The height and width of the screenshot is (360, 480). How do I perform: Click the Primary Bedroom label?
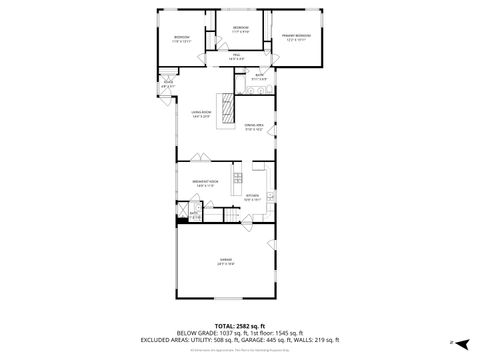[x=295, y=36]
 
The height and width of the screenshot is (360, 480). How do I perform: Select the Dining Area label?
[x=254, y=127]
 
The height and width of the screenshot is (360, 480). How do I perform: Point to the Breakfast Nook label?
[x=206, y=182]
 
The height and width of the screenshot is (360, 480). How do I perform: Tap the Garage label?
[x=225, y=262]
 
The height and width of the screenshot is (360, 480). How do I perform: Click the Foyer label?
[x=168, y=86]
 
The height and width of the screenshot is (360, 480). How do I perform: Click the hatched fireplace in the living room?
[x=226, y=105]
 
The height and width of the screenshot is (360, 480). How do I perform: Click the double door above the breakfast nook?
[x=199, y=162]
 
